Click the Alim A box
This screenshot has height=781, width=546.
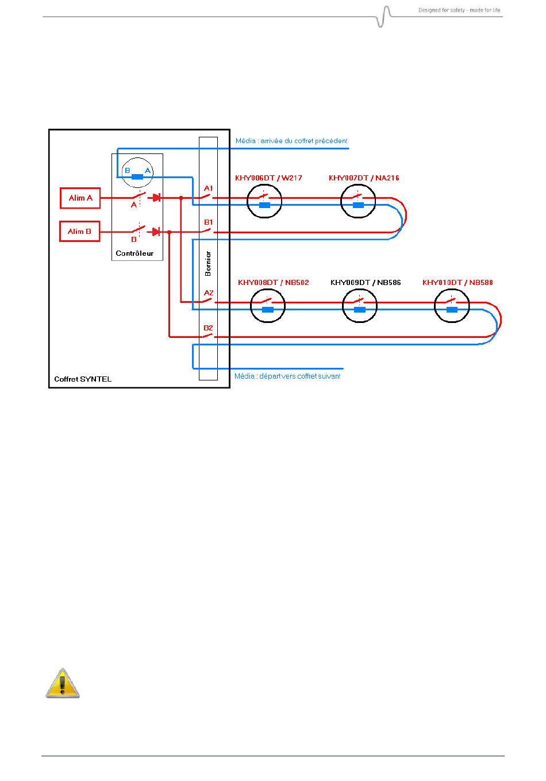point(80,198)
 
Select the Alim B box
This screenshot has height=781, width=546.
point(80,231)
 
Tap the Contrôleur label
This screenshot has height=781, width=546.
point(134,253)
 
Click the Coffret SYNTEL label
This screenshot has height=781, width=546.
point(83,379)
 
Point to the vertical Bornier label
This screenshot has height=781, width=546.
point(208,264)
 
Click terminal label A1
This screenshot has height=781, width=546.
point(208,188)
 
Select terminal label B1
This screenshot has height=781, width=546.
point(208,222)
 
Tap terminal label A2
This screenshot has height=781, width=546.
point(209,293)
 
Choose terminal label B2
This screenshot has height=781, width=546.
point(208,328)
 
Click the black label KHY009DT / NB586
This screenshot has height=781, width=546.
point(366,282)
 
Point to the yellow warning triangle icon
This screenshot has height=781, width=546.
point(63,683)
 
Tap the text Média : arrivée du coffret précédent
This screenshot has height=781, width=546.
point(291,141)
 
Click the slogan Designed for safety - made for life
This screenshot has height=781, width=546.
point(459,10)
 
